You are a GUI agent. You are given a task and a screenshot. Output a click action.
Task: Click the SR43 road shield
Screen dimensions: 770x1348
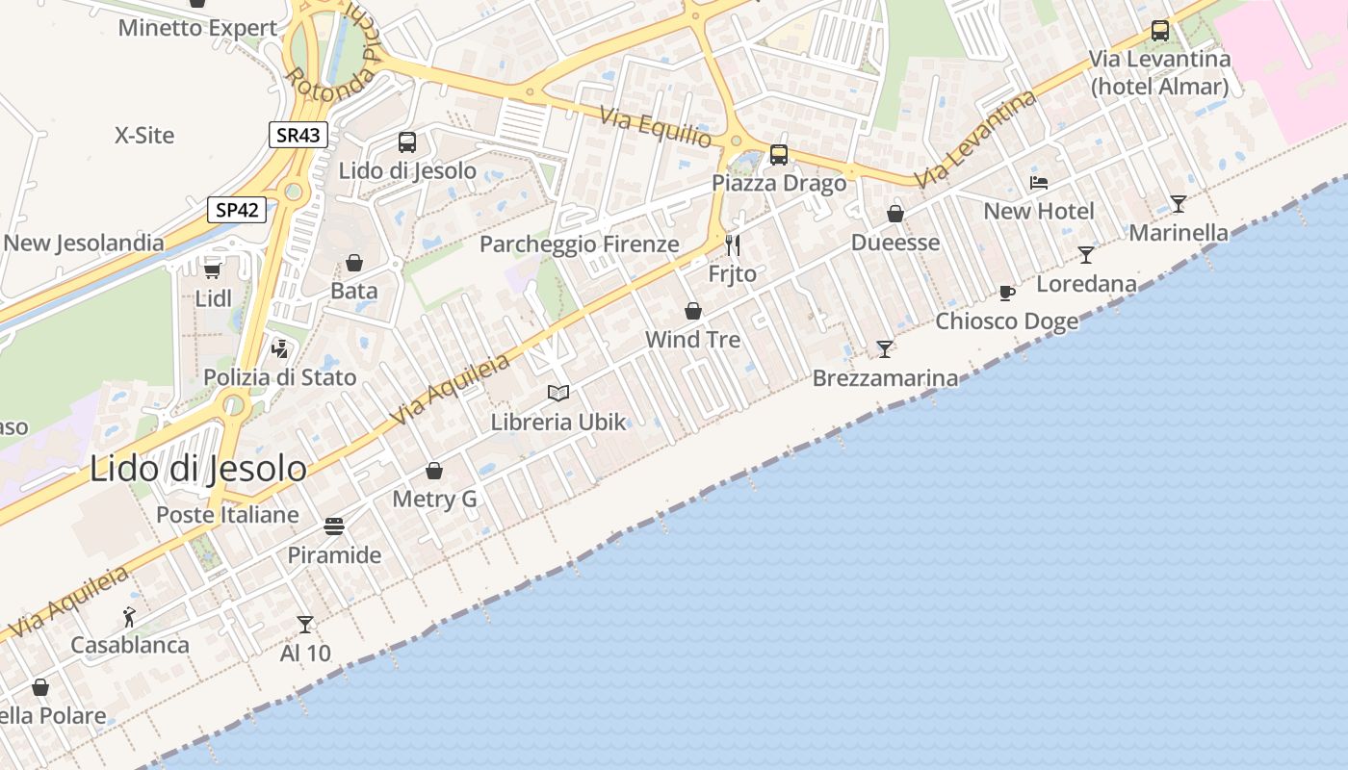point(298,135)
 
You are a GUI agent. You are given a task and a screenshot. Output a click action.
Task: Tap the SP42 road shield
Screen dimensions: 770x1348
point(237,210)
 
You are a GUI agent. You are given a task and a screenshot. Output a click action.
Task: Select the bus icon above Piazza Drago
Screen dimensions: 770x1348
point(779,154)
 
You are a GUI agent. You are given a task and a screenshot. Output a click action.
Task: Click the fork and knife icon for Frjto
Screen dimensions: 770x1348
point(733,245)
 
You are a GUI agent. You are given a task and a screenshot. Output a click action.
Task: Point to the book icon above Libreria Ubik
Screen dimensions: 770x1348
point(558,393)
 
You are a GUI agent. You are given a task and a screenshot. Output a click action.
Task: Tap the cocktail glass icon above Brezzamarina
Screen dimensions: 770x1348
point(885,348)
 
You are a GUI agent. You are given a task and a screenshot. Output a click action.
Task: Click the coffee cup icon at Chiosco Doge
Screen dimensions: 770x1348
point(1007,293)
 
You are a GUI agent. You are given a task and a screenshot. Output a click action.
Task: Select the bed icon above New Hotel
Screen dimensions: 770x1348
point(1039,182)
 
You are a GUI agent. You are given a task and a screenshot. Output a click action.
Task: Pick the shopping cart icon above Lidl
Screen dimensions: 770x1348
point(213,270)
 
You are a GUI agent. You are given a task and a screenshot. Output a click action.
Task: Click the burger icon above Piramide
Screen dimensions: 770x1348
point(334,526)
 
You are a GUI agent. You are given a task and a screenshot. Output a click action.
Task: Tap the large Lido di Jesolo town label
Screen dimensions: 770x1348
point(198,469)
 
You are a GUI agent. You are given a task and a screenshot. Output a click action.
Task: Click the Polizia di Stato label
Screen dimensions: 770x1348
point(280,377)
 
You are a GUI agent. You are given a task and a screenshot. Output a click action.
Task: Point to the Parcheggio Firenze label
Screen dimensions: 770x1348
point(580,244)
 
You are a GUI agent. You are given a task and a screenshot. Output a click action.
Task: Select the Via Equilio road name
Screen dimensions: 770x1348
point(656,128)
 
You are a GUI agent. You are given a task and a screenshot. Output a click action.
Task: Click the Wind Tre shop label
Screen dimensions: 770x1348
point(693,340)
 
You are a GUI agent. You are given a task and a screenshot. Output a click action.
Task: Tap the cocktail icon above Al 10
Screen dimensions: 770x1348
point(305,625)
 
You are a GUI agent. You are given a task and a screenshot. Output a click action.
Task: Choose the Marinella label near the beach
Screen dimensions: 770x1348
point(1179,233)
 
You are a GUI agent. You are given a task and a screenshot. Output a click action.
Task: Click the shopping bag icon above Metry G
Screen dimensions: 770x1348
point(434,471)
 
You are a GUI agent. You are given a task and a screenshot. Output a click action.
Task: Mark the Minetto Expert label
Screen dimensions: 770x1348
point(197,28)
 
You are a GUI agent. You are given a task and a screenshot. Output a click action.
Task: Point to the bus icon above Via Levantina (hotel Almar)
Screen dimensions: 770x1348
point(1160,30)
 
